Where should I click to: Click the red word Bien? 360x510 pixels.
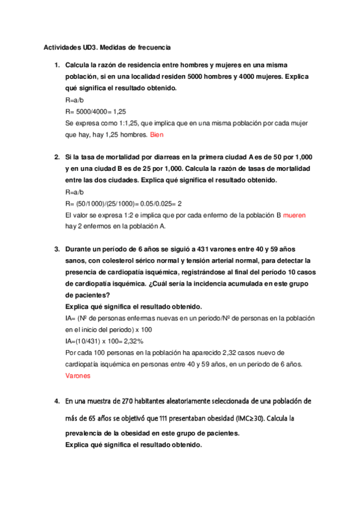(156, 135)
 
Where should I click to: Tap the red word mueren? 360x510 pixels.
(296, 215)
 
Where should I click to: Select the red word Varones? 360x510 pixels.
(78, 376)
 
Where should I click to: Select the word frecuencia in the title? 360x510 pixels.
(153, 46)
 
